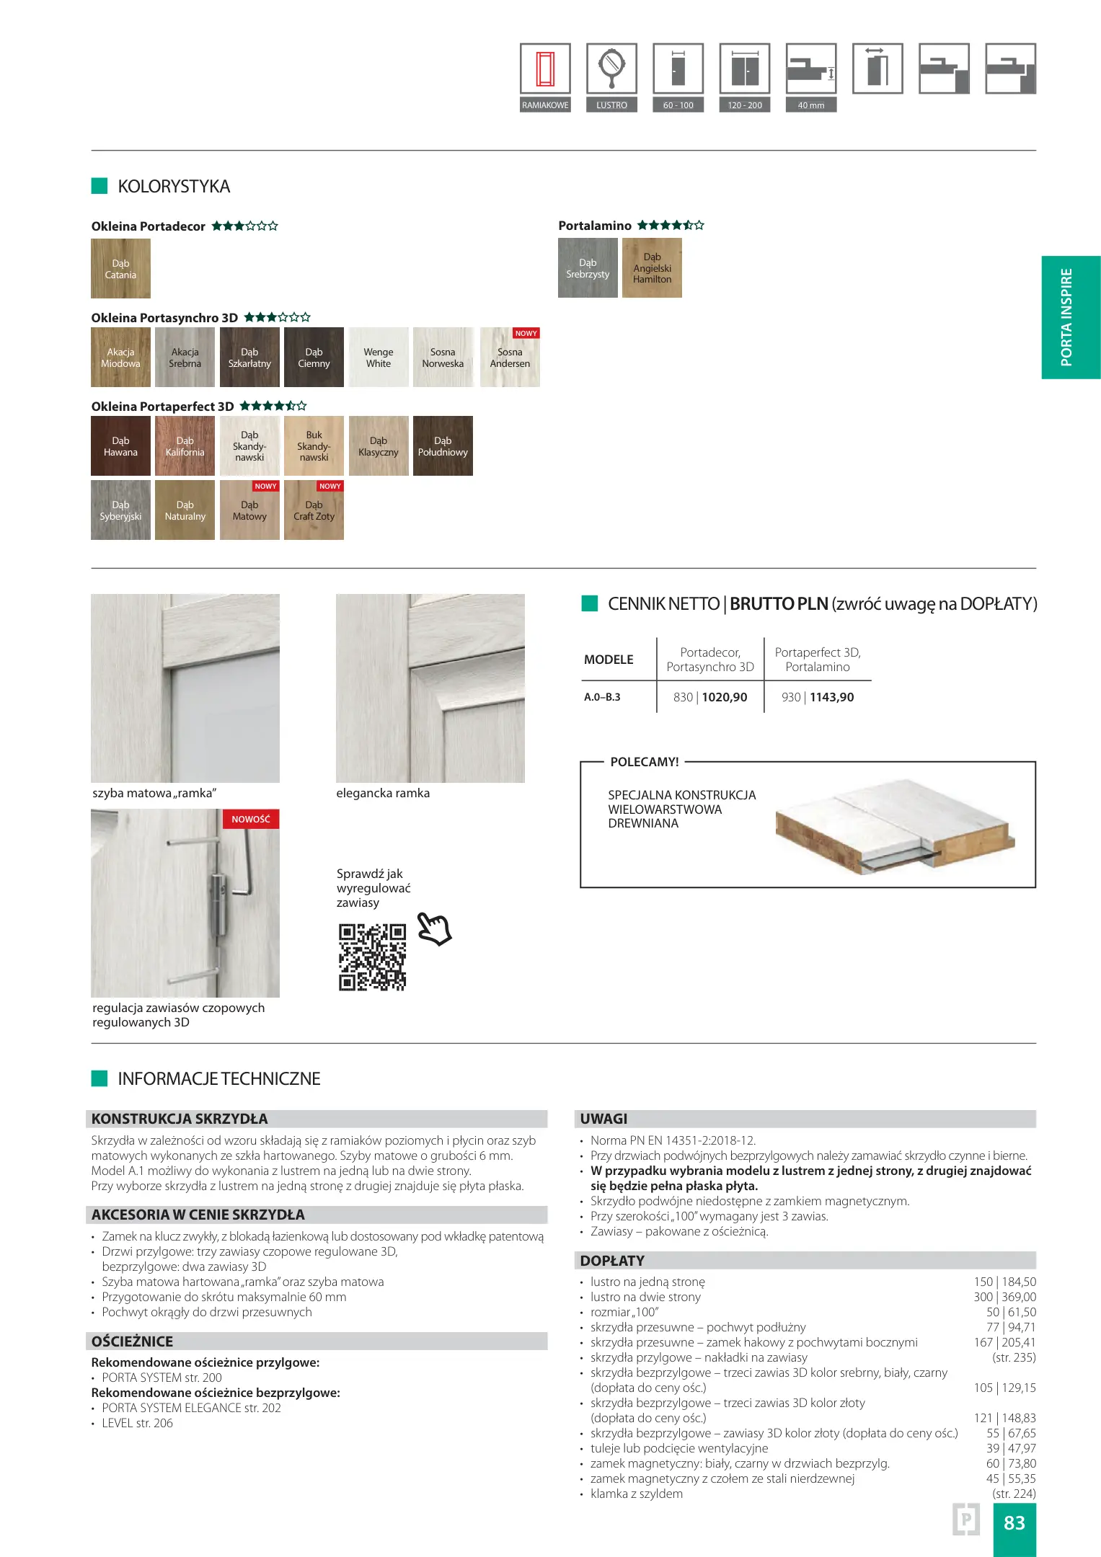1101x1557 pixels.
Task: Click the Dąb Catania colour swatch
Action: click(x=120, y=269)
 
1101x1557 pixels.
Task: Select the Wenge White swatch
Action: click(x=379, y=358)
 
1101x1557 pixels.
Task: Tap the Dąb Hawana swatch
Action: click(x=120, y=446)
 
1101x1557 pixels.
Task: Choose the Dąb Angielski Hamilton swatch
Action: click(x=652, y=268)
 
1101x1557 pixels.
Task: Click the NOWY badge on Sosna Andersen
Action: click(x=526, y=334)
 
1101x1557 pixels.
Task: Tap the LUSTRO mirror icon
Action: click(x=611, y=69)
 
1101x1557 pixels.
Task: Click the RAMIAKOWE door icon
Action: click(x=545, y=69)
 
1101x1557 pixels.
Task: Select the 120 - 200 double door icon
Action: click(x=744, y=69)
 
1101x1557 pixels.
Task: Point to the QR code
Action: click(x=372, y=957)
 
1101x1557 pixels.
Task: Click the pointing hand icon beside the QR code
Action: click(x=434, y=928)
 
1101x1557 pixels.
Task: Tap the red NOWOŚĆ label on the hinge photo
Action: click(x=250, y=820)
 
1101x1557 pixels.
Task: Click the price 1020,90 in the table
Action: click(x=725, y=698)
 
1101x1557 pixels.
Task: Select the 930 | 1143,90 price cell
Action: click(x=818, y=698)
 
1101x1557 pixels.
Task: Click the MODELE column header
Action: click(x=609, y=660)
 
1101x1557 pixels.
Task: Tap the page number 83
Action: click(x=1014, y=1522)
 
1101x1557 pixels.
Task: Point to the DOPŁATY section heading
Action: click(x=612, y=1261)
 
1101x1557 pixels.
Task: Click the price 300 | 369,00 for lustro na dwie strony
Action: click(x=1004, y=1297)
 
